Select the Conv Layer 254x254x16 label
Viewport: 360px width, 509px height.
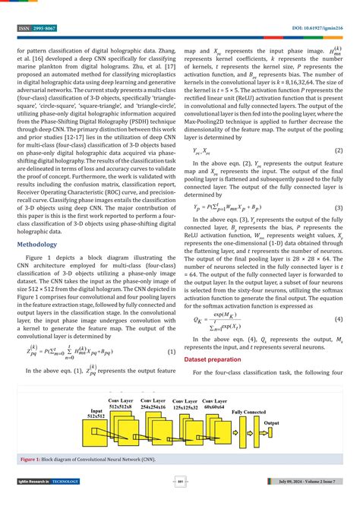(156, 403)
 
